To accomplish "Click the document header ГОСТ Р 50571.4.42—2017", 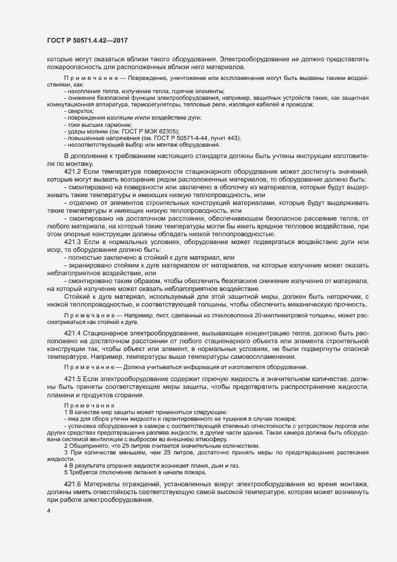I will point(87,40).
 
